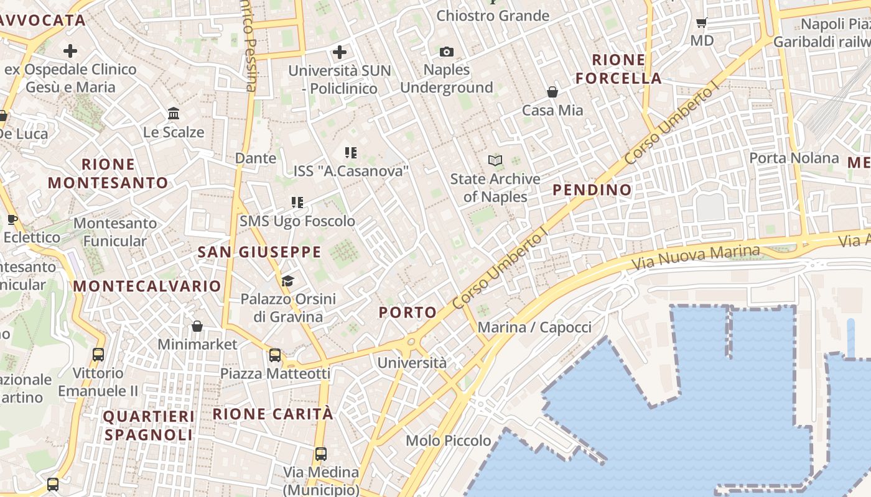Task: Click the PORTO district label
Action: pos(408,312)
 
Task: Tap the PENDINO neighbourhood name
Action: pos(592,190)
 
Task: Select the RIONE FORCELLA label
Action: pos(618,69)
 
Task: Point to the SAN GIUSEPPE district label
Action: pos(259,252)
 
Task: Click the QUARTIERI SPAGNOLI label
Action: pos(149,426)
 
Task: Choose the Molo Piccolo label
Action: pos(448,441)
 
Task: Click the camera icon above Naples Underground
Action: pos(446,52)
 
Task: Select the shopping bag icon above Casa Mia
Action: pos(552,93)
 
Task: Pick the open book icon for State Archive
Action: pos(495,161)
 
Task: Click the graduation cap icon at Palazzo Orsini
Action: pos(287,281)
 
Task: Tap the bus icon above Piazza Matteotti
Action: pos(275,355)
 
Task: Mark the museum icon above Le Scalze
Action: pos(174,114)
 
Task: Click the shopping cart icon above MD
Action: pos(702,23)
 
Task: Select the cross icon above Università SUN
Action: pos(340,52)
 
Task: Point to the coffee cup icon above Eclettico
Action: pos(12,219)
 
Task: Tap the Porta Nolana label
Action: pos(794,158)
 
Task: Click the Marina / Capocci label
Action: pos(534,327)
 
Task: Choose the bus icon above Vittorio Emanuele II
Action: pos(98,355)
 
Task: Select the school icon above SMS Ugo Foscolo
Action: pos(297,203)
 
